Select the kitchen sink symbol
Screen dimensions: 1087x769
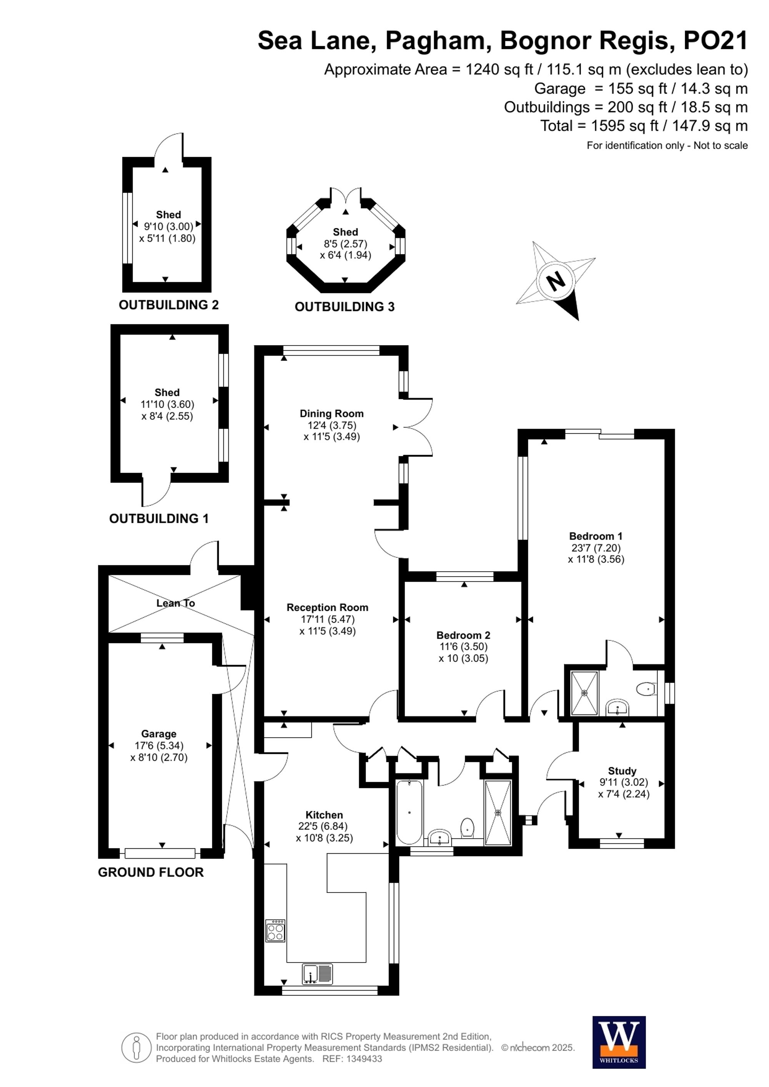(x=317, y=974)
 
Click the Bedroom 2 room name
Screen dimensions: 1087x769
(x=463, y=635)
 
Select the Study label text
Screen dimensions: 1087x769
(x=622, y=771)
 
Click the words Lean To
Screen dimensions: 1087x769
(x=176, y=603)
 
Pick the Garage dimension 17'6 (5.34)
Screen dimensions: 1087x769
(x=159, y=746)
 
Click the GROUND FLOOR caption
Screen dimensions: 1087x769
(x=151, y=872)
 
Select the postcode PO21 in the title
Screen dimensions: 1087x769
(x=715, y=40)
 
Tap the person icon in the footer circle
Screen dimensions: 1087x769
(x=136, y=1048)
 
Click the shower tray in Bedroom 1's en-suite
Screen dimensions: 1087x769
(x=585, y=693)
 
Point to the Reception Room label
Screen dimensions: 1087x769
(x=327, y=607)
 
